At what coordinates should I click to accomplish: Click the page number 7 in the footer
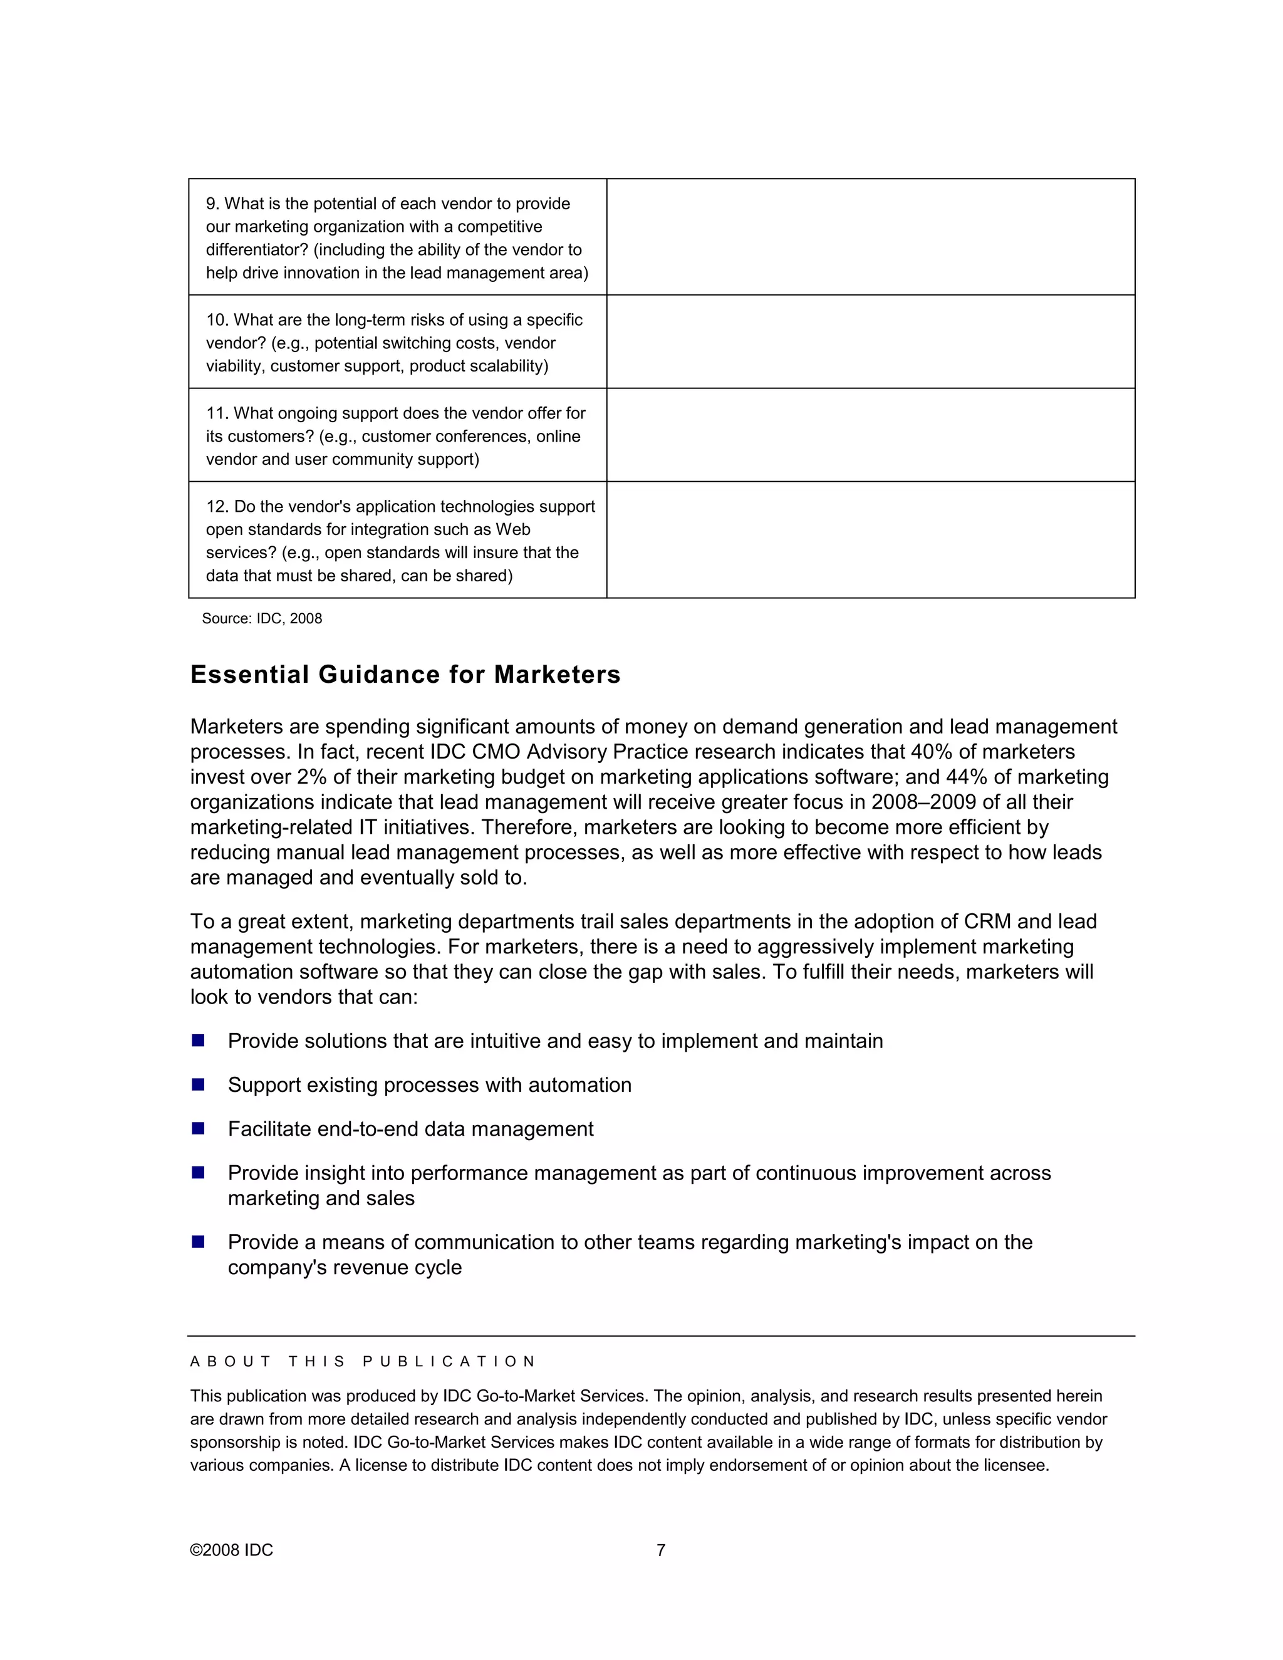tap(660, 1550)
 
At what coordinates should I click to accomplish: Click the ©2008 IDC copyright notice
tap(231, 1550)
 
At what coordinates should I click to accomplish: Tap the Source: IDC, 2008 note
tap(261, 619)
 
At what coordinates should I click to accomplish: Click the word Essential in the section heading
tap(250, 675)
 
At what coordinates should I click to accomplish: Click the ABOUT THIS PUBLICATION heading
tap(363, 1361)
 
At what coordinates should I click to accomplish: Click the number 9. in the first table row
tap(213, 204)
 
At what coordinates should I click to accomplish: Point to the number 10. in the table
tap(217, 320)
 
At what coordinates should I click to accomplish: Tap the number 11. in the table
tap(217, 413)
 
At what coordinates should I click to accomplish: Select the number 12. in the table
tap(217, 507)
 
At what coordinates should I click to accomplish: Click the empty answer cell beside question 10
tap(870, 342)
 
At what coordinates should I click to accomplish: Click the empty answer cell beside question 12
tap(870, 539)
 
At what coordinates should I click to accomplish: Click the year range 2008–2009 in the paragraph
tap(934, 802)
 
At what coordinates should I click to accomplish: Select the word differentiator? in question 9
tap(257, 250)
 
